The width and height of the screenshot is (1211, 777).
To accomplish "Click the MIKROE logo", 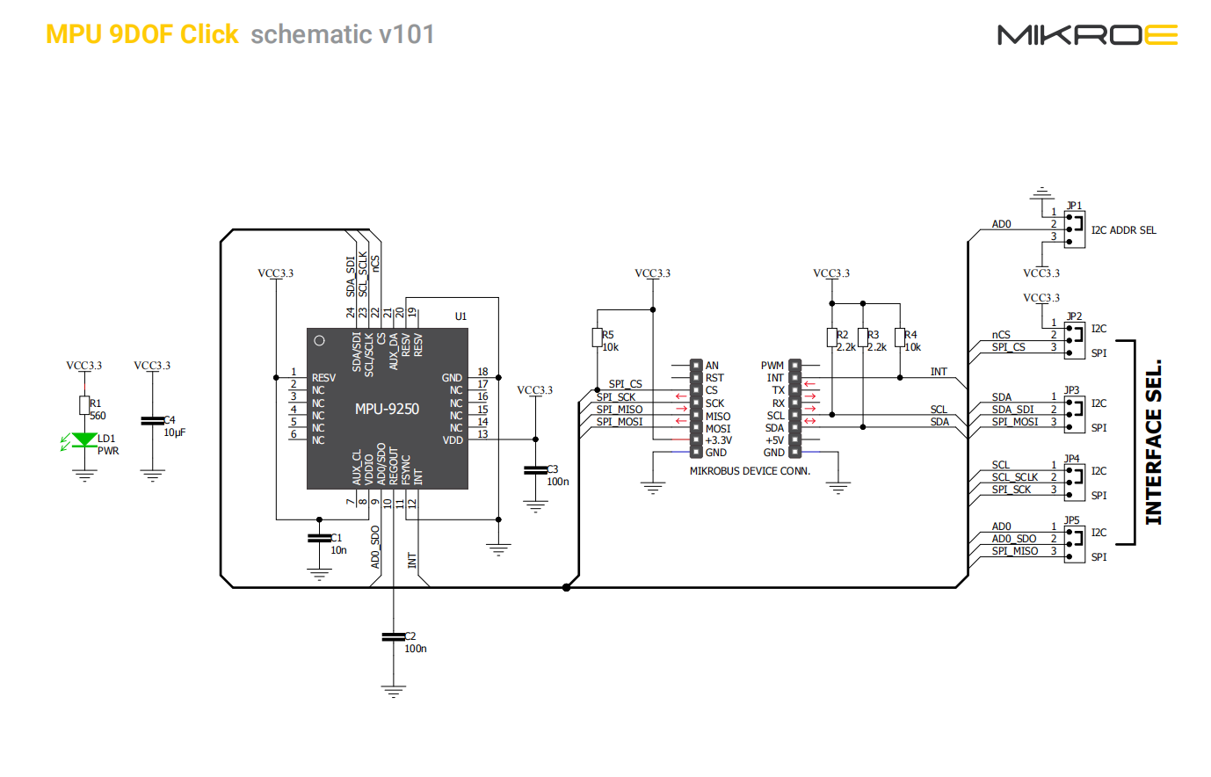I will (x=1087, y=35).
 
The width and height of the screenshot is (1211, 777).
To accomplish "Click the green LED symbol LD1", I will (x=84, y=439).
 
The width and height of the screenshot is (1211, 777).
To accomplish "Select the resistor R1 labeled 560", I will (x=84, y=405).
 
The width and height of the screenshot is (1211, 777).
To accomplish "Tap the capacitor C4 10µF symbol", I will (x=152, y=422).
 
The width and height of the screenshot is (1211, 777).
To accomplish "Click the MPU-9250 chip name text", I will (x=387, y=409).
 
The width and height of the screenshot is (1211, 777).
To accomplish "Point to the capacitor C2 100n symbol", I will (x=393, y=636).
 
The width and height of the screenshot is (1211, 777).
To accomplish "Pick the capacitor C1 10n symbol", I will (x=318, y=538).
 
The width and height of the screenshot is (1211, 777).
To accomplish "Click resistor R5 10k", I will (x=597, y=338).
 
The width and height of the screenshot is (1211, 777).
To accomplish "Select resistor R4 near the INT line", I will (x=900, y=338).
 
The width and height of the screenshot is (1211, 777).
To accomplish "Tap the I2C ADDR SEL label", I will (x=1123, y=230).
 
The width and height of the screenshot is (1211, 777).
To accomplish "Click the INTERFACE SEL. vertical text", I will (x=1154, y=442).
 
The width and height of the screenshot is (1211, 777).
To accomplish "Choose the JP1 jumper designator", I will (x=1074, y=206).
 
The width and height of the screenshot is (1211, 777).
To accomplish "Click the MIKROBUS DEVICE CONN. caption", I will (x=750, y=471).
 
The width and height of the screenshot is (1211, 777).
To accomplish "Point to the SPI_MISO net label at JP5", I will (x=1015, y=551).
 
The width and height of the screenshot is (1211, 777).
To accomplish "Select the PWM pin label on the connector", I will (x=772, y=366).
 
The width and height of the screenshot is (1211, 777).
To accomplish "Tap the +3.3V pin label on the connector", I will (x=718, y=440).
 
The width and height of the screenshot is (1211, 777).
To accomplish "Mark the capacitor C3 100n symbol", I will (x=535, y=470).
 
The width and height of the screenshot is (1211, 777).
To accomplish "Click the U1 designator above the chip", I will (x=460, y=316).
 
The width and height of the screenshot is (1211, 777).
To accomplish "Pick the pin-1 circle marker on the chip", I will (x=320, y=341).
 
